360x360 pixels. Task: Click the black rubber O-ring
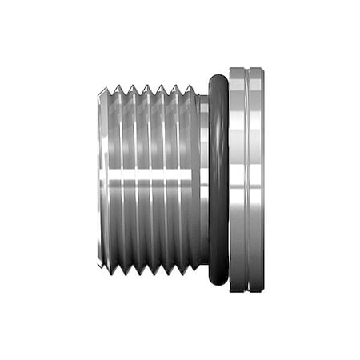[x=217, y=179]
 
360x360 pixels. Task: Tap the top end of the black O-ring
[x=217, y=74]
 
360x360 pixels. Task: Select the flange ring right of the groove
[x=256, y=179]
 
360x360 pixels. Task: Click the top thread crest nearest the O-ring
[x=190, y=85]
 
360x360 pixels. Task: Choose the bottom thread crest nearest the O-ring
[x=190, y=274]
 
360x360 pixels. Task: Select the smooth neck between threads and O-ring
[x=203, y=179]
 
